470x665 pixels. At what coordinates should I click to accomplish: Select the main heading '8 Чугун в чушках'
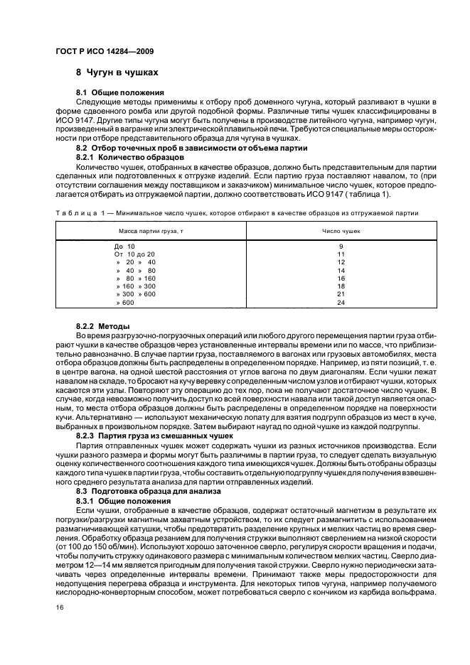(117, 72)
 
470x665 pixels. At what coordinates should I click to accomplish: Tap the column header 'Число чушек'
(340, 231)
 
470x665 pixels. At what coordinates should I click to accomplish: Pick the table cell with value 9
(340, 246)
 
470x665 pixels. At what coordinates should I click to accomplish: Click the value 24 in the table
(340, 302)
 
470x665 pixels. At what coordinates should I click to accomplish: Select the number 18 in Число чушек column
(340, 286)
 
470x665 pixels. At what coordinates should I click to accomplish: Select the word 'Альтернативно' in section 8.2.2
(100, 418)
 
